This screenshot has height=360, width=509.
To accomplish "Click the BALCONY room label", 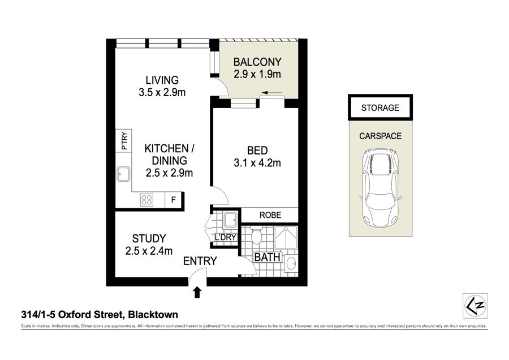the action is (x=257, y=62).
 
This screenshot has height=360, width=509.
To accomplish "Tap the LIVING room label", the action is (x=162, y=80).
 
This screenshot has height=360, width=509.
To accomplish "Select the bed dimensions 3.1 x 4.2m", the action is (x=257, y=163).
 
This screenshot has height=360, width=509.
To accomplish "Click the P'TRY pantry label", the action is (x=124, y=140).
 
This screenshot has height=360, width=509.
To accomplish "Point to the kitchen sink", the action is (x=124, y=174).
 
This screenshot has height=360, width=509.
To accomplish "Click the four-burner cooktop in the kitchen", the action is (x=146, y=199).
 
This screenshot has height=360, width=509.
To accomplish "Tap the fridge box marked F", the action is (x=174, y=199).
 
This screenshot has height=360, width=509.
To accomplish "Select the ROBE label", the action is (x=270, y=215).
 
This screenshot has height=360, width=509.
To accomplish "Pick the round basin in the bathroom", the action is (x=291, y=263).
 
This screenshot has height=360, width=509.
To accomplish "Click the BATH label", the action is (x=267, y=258).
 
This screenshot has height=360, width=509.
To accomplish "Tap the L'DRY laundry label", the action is (x=225, y=237).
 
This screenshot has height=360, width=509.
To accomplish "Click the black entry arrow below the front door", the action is (x=197, y=293).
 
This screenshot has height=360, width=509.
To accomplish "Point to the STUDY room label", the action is (x=149, y=238).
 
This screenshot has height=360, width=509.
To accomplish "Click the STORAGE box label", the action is (x=380, y=108).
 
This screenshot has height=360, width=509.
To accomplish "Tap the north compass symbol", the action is (x=475, y=306).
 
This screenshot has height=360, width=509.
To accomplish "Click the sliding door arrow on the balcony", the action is (x=271, y=93).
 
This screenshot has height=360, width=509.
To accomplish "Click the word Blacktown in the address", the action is (x=153, y=315).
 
